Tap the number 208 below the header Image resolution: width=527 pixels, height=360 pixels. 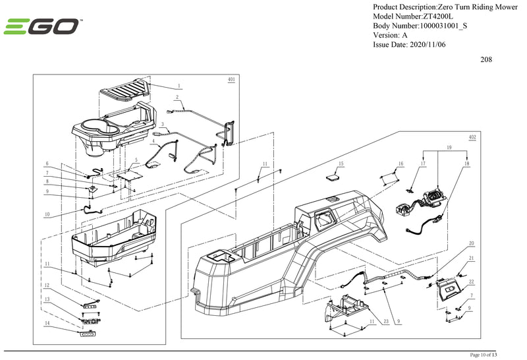click(486, 59)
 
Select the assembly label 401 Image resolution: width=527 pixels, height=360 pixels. click(231, 79)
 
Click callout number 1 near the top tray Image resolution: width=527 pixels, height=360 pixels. click(179, 86)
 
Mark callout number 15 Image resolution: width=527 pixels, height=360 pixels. click(341, 163)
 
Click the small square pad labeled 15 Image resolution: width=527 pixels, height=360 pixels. click(333, 176)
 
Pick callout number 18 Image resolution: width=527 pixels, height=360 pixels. click(466, 163)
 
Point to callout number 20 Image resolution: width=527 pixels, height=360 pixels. click(471, 243)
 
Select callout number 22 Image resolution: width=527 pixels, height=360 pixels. click(471, 282)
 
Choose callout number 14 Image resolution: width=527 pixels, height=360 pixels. click(47, 323)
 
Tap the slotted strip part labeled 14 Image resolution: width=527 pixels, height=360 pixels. click(85, 335)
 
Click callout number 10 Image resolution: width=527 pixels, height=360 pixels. click(47, 215)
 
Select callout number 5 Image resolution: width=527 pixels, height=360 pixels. click(136, 160)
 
